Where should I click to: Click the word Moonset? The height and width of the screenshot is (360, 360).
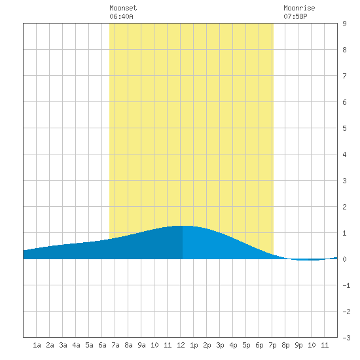pos(123,8)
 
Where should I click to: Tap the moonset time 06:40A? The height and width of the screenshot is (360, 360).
pos(121,16)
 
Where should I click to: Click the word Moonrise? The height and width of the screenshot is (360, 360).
pos(299,8)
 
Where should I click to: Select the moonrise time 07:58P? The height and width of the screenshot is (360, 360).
pos(295,16)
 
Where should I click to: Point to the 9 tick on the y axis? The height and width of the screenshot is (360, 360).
pos(344,24)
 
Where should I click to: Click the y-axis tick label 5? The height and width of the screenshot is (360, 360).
pos(344,128)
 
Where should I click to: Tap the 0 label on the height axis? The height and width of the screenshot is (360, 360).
pos(344,259)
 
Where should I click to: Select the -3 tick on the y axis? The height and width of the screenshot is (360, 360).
pos(346,338)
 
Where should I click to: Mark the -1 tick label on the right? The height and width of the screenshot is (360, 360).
pos(346,285)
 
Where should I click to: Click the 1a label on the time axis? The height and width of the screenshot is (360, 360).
pos(37,345)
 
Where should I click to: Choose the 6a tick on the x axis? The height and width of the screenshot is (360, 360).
pos(102,345)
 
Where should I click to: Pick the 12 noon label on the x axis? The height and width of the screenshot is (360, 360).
pos(181,345)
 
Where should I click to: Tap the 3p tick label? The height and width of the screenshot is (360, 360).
pos(220,345)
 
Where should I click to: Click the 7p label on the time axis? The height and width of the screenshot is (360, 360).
pos(272,345)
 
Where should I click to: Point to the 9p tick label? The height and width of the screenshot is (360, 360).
pos(298,345)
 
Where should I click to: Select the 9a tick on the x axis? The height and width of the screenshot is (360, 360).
pos(141,345)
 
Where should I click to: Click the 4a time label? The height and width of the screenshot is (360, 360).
pos(76,345)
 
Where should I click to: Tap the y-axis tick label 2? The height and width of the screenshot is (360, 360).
pos(344,207)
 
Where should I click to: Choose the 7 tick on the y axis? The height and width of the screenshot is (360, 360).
pos(344,76)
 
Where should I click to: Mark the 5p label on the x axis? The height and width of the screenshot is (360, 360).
pos(246,345)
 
